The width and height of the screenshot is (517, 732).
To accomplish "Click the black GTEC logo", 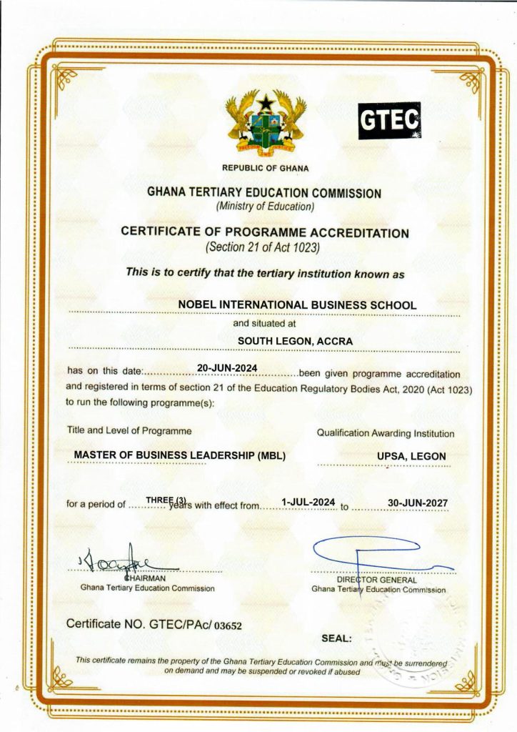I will coord(389,121).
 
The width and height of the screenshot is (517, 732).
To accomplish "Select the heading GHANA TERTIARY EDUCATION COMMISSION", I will coord(264,193).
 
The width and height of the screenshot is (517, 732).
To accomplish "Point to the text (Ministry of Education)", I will coord(265,207).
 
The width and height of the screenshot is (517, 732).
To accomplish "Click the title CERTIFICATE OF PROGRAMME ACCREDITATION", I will coord(265,232).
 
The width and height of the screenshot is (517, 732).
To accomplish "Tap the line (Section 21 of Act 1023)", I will coord(264,248).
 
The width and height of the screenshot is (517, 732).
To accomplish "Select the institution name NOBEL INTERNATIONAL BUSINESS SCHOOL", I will coord(296,305).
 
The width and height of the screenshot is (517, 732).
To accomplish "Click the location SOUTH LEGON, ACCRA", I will coord(295,341).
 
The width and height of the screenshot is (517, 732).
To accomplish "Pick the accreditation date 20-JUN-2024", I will coord(226,369).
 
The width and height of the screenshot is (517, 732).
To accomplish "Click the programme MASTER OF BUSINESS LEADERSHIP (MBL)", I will coord(180,455).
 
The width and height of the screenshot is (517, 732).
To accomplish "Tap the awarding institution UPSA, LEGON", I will coord(411,456).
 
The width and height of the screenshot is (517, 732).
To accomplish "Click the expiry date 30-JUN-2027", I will coord(418,503).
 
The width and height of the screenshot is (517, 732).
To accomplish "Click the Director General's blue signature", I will coord(371,554).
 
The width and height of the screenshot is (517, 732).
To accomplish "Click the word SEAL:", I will coord(336,638).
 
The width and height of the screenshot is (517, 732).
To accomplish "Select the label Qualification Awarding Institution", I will coord(385,433).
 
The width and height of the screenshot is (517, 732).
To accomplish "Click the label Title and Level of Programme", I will coord(129,431).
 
